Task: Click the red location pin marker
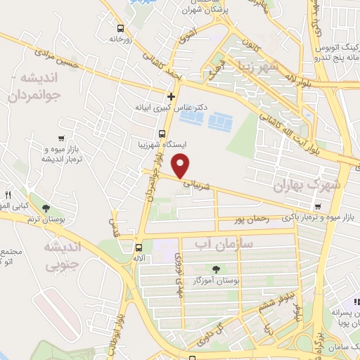click(181, 167)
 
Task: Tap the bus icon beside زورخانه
click(121, 29)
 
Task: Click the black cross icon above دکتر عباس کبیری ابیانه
click(171, 96)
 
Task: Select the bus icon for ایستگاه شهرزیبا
click(162, 134)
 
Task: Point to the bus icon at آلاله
click(139, 247)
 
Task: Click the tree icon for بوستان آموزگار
click(215, 269)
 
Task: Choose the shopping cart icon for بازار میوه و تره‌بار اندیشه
click(63, 139)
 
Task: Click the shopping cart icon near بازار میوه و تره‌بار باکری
click(319, 207)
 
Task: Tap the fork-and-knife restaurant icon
click(9, 195)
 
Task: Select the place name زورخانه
click(122, 41)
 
